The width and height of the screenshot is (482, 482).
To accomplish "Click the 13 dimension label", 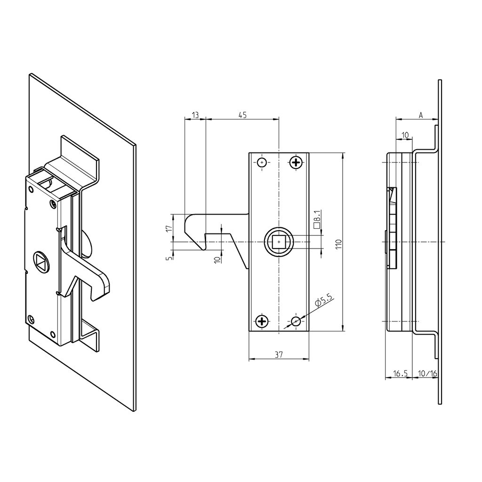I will (195, 115).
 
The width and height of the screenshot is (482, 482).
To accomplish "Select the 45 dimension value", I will (242, 115).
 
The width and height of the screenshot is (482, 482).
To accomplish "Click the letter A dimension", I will (420, 115).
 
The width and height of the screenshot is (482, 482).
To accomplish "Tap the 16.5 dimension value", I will (400, 373).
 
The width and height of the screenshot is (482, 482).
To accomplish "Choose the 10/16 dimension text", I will (427, 373).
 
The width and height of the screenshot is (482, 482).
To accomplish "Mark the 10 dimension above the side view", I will (404, 135).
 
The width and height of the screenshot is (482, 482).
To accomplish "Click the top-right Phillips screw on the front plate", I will (296, 163).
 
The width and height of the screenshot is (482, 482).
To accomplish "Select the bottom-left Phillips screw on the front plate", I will (262, 321).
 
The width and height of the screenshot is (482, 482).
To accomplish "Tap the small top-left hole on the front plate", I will (262, 163).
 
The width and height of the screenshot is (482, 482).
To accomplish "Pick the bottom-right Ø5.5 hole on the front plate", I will (296, 321).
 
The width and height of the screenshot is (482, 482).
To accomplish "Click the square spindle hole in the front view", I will (280, 242).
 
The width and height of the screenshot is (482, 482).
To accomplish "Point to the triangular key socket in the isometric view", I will (41, 261).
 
